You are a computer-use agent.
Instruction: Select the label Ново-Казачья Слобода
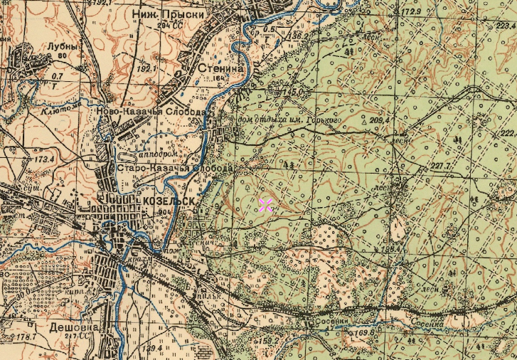point(151,112)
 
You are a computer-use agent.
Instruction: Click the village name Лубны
point(61,46)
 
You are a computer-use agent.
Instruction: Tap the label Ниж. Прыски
point(169,14)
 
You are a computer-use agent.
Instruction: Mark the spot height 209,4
point(380,121)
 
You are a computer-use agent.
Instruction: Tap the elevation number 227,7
point(440,166)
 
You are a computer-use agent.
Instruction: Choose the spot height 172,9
point(411,12)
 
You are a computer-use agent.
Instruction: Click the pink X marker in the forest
point(265,206)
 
